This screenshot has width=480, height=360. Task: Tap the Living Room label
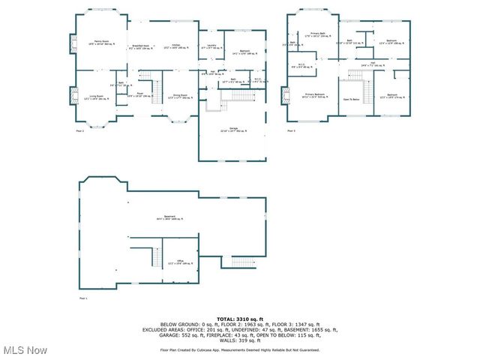tap(96, 97)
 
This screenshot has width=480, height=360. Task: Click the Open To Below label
tap(351, 98)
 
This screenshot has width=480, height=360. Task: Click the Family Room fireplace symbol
tap(73, 45)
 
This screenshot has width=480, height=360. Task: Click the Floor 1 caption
tap(83, 298)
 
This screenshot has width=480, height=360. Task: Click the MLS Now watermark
tap(25, 350)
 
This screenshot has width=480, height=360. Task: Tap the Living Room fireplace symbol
tap(73, 97)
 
